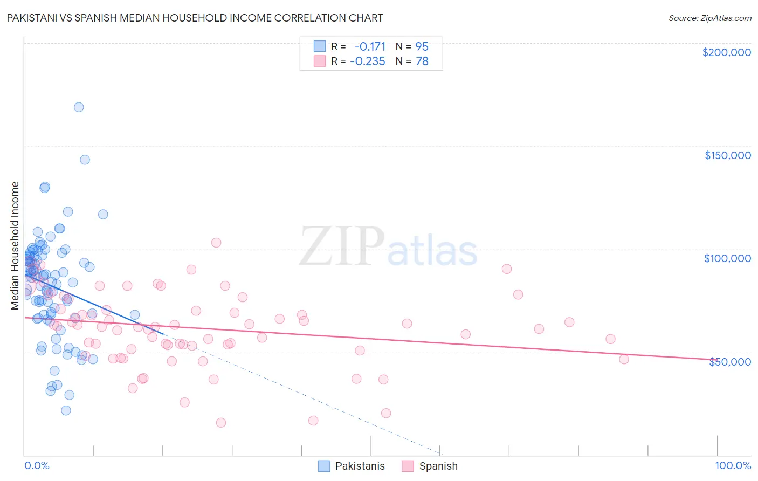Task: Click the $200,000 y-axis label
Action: pyautogui.click(x=726, y=52)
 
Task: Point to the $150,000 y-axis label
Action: pyautogui.click(x=727, y=155)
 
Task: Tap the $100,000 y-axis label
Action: pyautogui.click(x=727, y=258)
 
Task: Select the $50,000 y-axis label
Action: pyautogui.click(x=729, y=362)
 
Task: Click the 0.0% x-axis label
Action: pyautogui.click(x=37, y=466)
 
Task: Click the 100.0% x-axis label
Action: pyautogui.click(x=733, y=466)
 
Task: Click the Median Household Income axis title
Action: pyautogui.click(x=15, y=246)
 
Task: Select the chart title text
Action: pyautogui.click(x=195, y=18)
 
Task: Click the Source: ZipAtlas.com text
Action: pyautogui.click(x=709, y=18)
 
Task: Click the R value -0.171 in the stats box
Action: pyautogui.click(x=370, y=46)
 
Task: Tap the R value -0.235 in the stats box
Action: pyautogui.click(x=368, y=61)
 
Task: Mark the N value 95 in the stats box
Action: pyautogui.click(x=422, y=46)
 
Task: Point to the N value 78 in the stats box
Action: pyautogui.click(x=422, y=61)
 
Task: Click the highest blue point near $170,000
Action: pyautogui.click(x=79, y=107)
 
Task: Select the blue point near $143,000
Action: pyautogui.click(x=85, y=160)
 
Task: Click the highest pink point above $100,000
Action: pyautogui.click(x=216, y=243)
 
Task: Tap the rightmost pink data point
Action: pyautogui.click(x=624, y=359)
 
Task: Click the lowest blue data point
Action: pyautogui.click(x=66, y=410)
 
